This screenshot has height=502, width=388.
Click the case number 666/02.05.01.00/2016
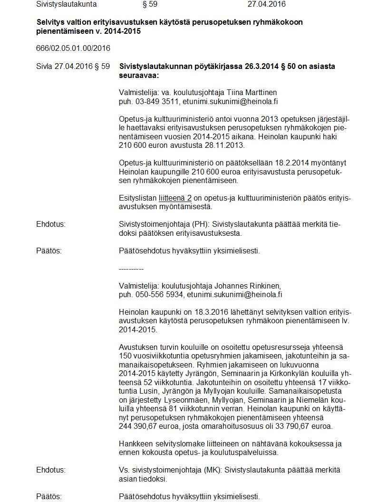73,48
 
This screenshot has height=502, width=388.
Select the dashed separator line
131,269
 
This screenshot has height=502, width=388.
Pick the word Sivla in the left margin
44,66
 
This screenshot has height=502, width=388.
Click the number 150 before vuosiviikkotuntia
125,356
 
